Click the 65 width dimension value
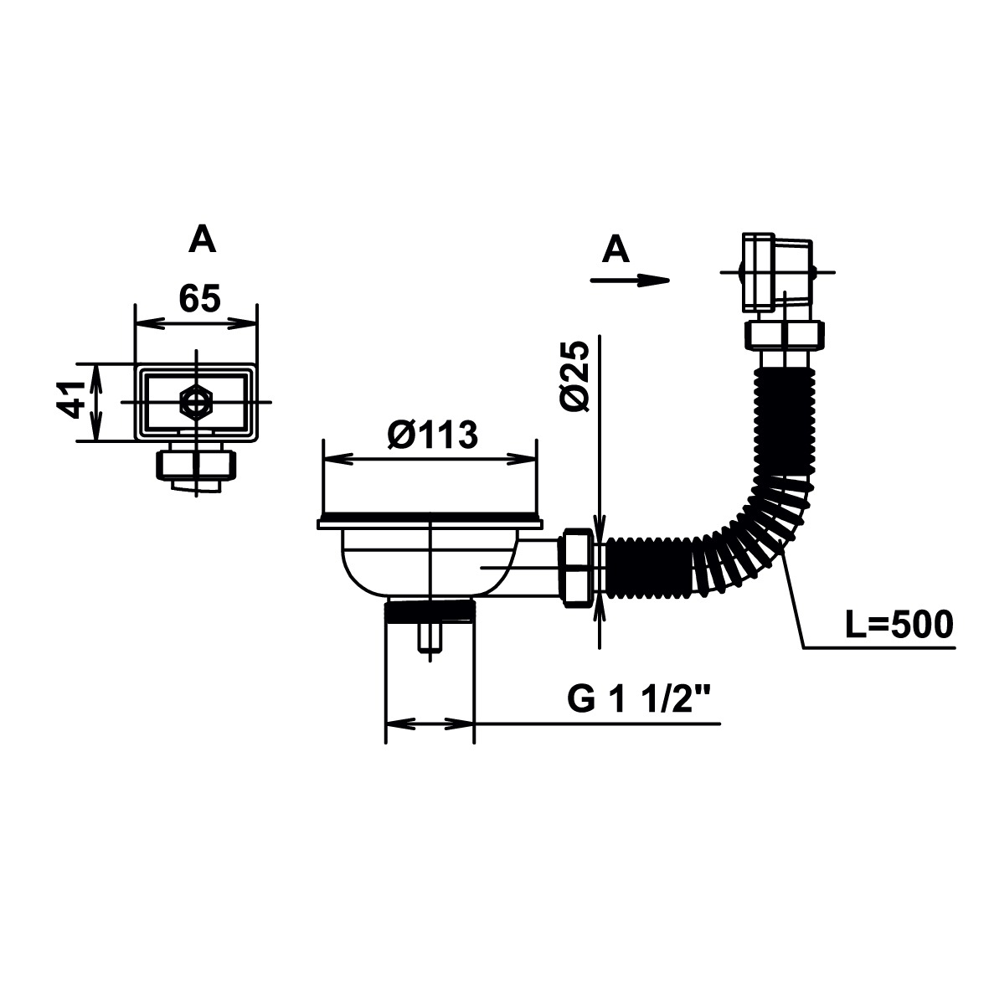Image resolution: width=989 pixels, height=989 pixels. pos(200,298)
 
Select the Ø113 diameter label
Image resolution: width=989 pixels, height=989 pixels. pos(433,435)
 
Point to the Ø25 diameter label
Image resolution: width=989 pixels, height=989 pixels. pos(574,377)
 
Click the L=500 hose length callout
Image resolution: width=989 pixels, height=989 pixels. pos(899,625)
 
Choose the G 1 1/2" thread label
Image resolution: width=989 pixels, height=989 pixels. pos(639,698)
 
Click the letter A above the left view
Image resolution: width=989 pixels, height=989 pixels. pos(202,240)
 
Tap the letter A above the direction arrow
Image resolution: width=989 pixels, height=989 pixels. pos(616,250)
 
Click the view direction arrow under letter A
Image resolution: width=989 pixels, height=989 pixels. pos(630,280)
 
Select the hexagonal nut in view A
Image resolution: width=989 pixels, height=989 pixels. pos(196,402)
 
